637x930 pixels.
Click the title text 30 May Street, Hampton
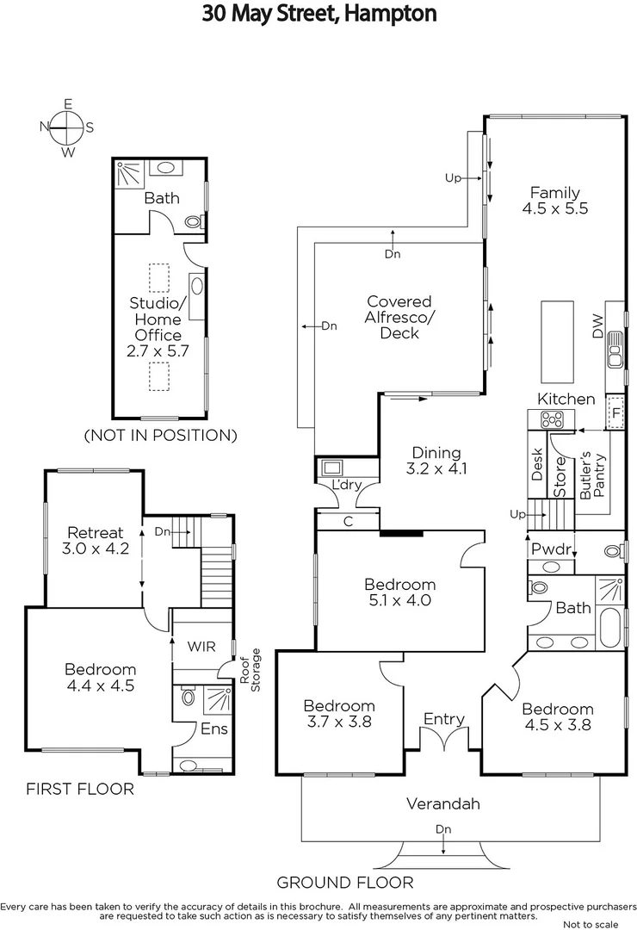319,14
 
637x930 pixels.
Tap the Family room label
554,193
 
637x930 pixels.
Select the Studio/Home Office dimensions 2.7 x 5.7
157,351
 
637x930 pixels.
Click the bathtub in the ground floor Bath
608,626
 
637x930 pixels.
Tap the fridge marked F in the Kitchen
615,412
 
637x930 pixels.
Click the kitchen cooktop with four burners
551,419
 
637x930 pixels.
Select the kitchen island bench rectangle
557,342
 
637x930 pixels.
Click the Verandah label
442,804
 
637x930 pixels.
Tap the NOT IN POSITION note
160,435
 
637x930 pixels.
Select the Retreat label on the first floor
93,533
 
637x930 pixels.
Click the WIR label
201,646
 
